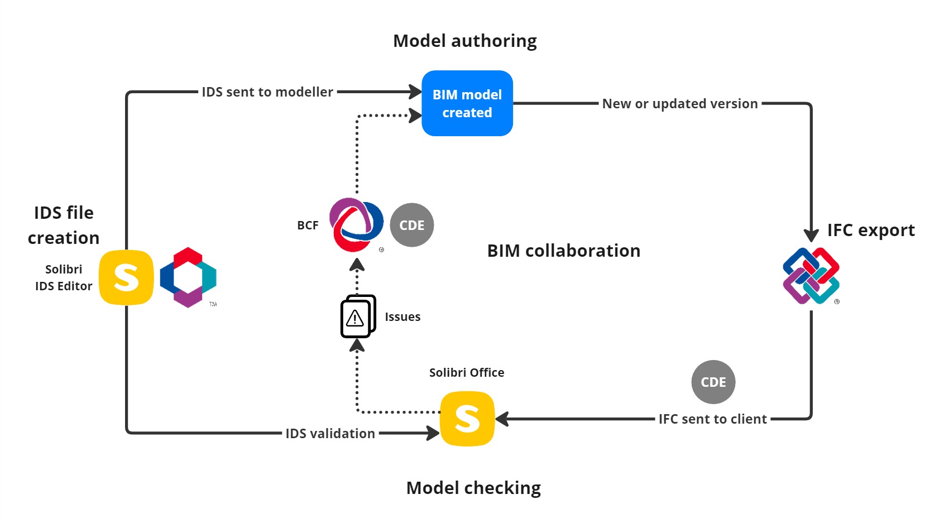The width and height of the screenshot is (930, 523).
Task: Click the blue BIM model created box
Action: [467, 103]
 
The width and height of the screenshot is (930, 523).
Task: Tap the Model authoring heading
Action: [464, 41]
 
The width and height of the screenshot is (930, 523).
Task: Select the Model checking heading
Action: [473, 488]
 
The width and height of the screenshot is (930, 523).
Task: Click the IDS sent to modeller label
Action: [267, 92]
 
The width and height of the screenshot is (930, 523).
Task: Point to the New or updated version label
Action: [679, 104]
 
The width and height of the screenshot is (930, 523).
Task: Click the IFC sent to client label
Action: [712, 419]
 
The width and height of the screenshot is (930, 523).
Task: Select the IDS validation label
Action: [330, 434]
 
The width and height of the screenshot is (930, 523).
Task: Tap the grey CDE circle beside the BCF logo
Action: [411, 225]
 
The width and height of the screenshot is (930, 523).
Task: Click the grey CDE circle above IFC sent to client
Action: [713, 382]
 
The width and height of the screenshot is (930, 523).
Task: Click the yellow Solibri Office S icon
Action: [467, 419]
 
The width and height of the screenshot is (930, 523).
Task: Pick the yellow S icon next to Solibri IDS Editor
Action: [126, 277]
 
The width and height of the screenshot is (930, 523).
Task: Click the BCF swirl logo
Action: [356, 224]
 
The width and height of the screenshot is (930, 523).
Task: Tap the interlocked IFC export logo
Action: [811, 276]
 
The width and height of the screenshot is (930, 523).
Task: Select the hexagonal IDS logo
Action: [188, 277]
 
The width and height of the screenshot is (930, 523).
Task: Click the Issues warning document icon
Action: [357, 316]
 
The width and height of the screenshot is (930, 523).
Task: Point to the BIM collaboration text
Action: [563, 251]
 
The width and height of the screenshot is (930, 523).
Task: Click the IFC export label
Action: [870, 230]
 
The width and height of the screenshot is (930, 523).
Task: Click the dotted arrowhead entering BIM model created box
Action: [415, 116]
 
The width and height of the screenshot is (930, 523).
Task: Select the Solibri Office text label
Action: [466, 372]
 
